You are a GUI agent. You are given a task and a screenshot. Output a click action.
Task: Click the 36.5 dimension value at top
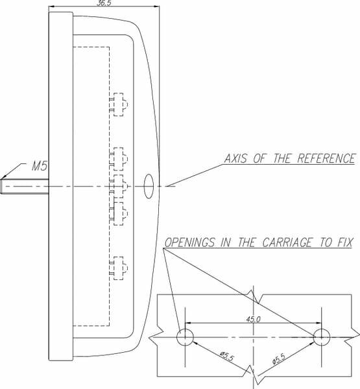tap(104, 3)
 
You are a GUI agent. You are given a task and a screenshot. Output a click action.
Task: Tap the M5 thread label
tap(40, 166)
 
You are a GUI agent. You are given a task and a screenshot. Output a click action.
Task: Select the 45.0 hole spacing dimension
tap(254, 319)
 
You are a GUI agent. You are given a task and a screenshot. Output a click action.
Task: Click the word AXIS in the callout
tap(235, 159)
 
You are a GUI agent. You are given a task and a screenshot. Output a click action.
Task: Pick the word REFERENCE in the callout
tap(326, 159)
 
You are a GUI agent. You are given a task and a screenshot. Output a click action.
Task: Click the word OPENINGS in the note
tap(190, 242)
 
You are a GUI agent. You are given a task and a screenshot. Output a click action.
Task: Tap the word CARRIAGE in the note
tap(287, 242)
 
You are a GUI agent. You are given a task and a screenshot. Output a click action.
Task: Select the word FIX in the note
tap(345, 242)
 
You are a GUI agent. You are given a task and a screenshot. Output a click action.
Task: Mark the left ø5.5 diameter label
tap(227, 356)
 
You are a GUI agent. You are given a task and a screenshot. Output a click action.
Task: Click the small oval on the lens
tap(149, 186)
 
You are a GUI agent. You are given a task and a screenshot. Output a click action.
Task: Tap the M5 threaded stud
tap(25, 186)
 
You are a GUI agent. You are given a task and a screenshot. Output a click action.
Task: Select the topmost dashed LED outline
tap(119, 104)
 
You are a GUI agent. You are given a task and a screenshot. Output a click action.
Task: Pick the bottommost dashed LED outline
tap(119, 268)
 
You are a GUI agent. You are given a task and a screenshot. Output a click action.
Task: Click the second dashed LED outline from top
tap(119, 159)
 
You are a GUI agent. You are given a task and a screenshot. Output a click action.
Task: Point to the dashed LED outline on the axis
tap(119, 186)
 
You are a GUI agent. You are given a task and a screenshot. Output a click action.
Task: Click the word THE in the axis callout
tap(282, 159)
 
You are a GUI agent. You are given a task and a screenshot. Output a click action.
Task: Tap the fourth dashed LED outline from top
tap(119, 213)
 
